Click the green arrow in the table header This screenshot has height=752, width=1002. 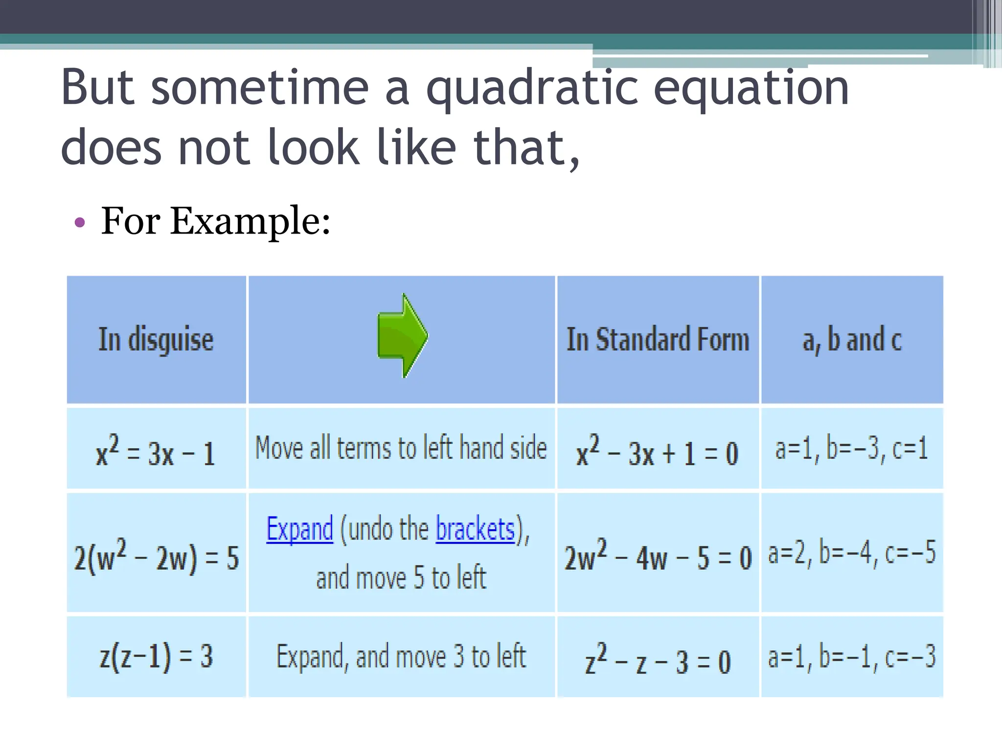click(x=403, y=336)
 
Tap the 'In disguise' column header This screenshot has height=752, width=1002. click(x=156, y=339)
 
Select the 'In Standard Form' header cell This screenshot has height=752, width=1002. click(x=658, y=339)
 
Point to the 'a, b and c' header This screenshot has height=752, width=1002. click(x=852, y=339)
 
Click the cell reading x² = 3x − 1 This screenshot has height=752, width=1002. click(x=156, y=451)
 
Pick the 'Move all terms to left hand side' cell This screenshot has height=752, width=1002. click(x=401, y=448)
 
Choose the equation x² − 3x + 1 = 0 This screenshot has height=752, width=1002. click(x=657, y=451)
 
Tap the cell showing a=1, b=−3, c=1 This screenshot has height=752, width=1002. click(x=851, y=448)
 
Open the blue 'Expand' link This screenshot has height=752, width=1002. click(x=299, y=529)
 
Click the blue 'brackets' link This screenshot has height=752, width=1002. click(x=475, y=529)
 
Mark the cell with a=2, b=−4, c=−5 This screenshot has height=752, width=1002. click(x=852, y=552)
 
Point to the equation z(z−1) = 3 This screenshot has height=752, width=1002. click(x=156, y=657)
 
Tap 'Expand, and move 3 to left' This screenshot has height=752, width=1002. click(x=401, y=657)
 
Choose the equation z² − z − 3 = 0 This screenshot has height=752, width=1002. click(x=658, y=659)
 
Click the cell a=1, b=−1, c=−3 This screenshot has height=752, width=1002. click(x=852, y=657)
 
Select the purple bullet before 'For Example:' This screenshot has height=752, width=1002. click(x=79, y=223)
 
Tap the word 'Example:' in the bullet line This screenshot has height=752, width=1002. click(x=250, y=221)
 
